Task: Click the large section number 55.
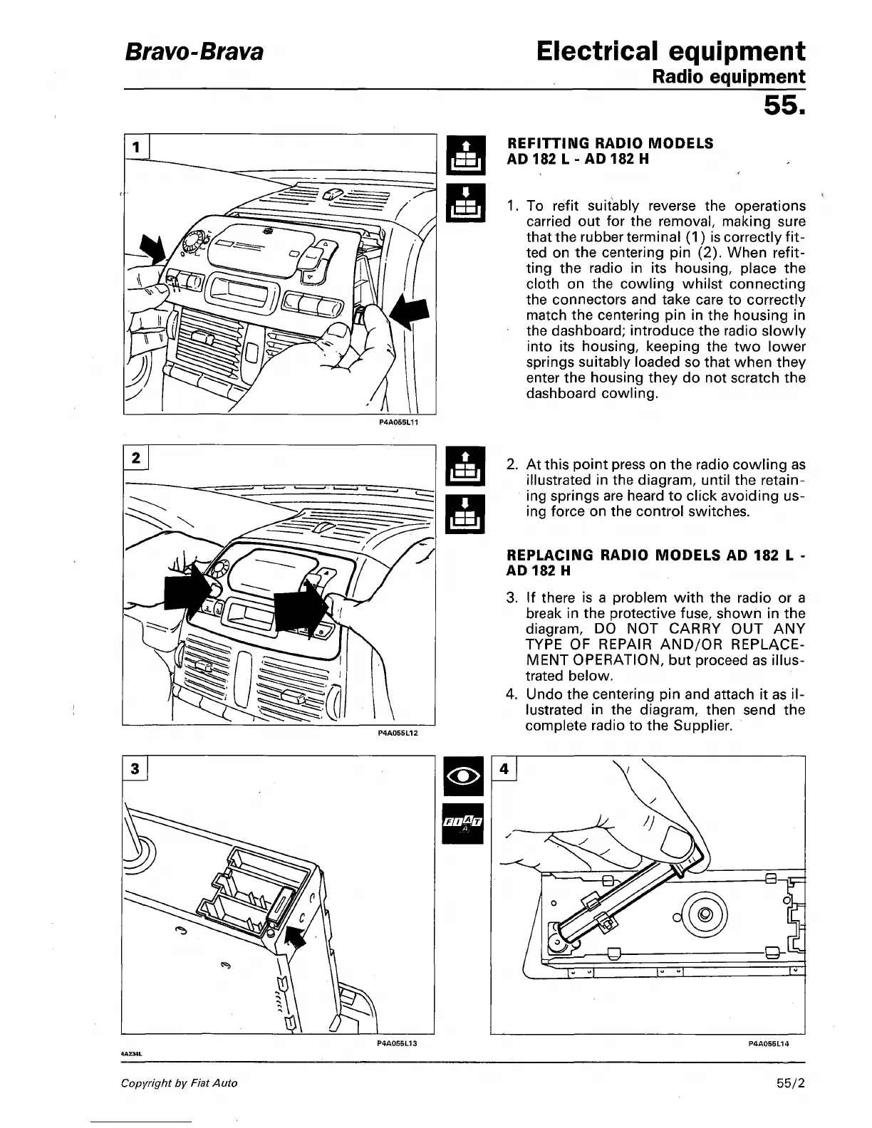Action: click(x=784, y=107)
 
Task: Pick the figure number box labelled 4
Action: click(x=504, y=769)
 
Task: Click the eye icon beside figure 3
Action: click(x=463, y=776)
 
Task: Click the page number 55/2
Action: click(x=791, y=1083)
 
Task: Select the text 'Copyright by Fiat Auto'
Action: click(x=180, y=1083)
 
